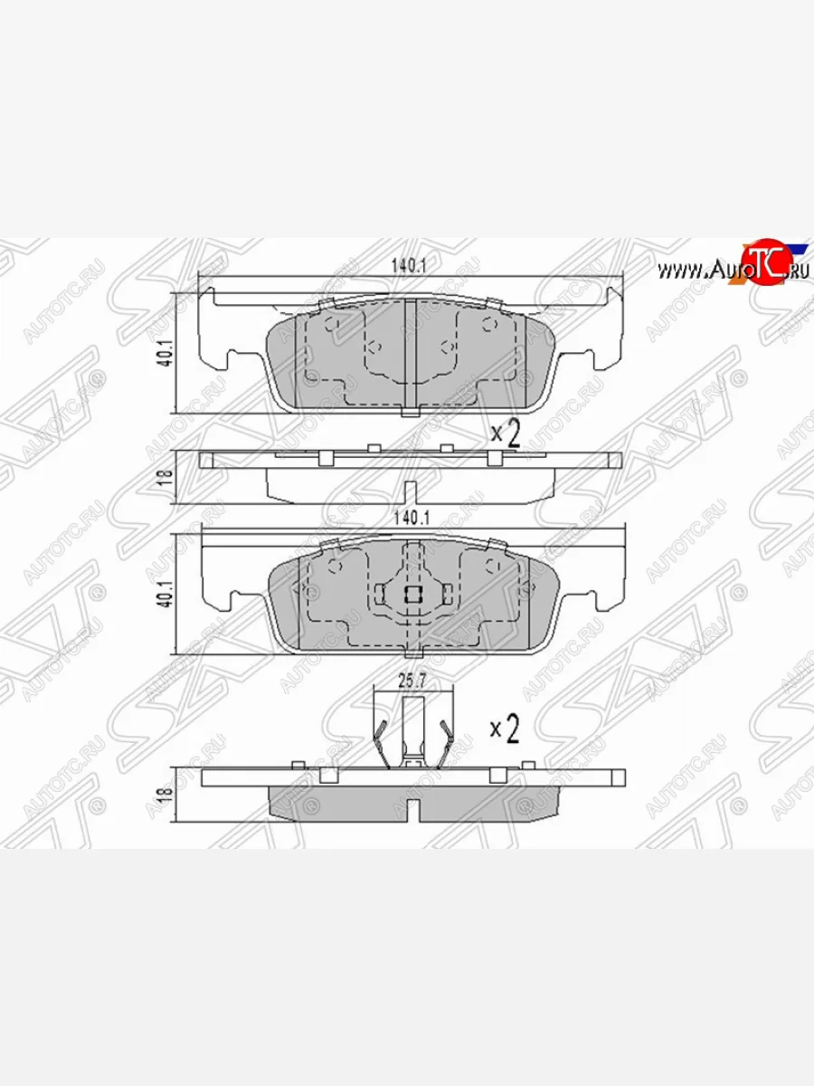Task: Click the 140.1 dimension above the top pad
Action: [x=409, y=266]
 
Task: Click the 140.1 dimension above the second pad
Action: [x=409, y=518]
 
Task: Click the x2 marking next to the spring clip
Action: [x=505, y=729]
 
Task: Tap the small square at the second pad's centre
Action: [x=412, y=595]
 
